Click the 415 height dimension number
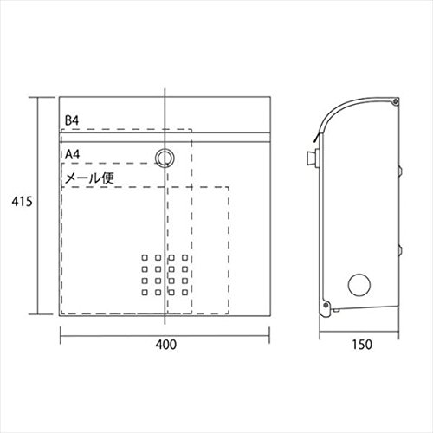pos(22,202)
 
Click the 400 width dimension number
pos(166,345)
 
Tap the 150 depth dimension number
pos(362,345)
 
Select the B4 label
pos(72,120)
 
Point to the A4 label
pos(72,154)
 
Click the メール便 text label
pos(89,178)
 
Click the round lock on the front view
pos(165,158)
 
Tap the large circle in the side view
pos(359,285)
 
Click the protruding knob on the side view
pos(313,158)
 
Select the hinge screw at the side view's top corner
pos(396,101)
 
